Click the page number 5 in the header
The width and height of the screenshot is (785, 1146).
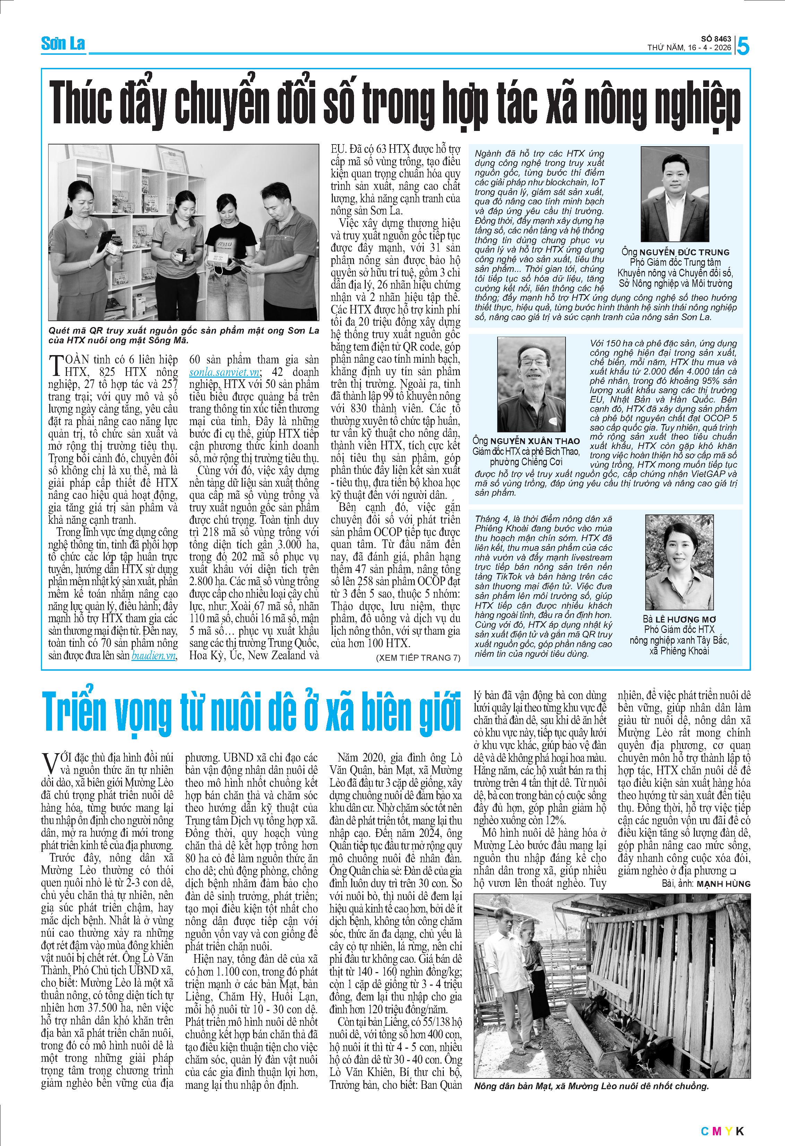coord(743,46)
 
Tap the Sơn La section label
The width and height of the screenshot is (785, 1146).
coord(63,44)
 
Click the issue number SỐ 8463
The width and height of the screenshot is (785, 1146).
coord(716,38)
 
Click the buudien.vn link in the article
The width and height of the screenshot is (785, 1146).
coord(154,656)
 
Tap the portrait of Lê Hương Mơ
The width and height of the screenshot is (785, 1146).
coord(679,562)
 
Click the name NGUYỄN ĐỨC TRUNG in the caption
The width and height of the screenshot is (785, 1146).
coord(684,252)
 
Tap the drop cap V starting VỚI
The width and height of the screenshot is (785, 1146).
coord(50,763)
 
